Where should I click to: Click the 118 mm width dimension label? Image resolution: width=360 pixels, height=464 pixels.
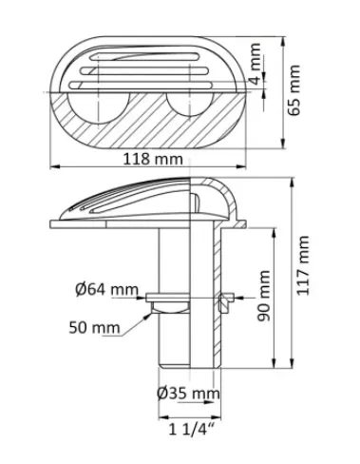click(153, 159)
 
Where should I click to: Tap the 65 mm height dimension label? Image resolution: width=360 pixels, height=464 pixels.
click(294, 90)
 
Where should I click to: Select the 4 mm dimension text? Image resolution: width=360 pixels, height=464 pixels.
click(256, 64)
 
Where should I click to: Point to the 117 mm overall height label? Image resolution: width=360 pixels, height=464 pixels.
click(303, 265)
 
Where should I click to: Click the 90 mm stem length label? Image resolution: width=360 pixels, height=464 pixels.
click(263, 296)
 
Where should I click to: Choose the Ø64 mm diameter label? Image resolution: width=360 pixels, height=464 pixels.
click(106, 290)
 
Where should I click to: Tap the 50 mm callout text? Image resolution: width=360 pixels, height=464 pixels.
click(94, 327)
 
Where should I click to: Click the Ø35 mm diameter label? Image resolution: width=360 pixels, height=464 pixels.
click(188, 394)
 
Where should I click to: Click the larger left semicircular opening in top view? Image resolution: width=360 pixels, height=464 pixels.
click(98, 108)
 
